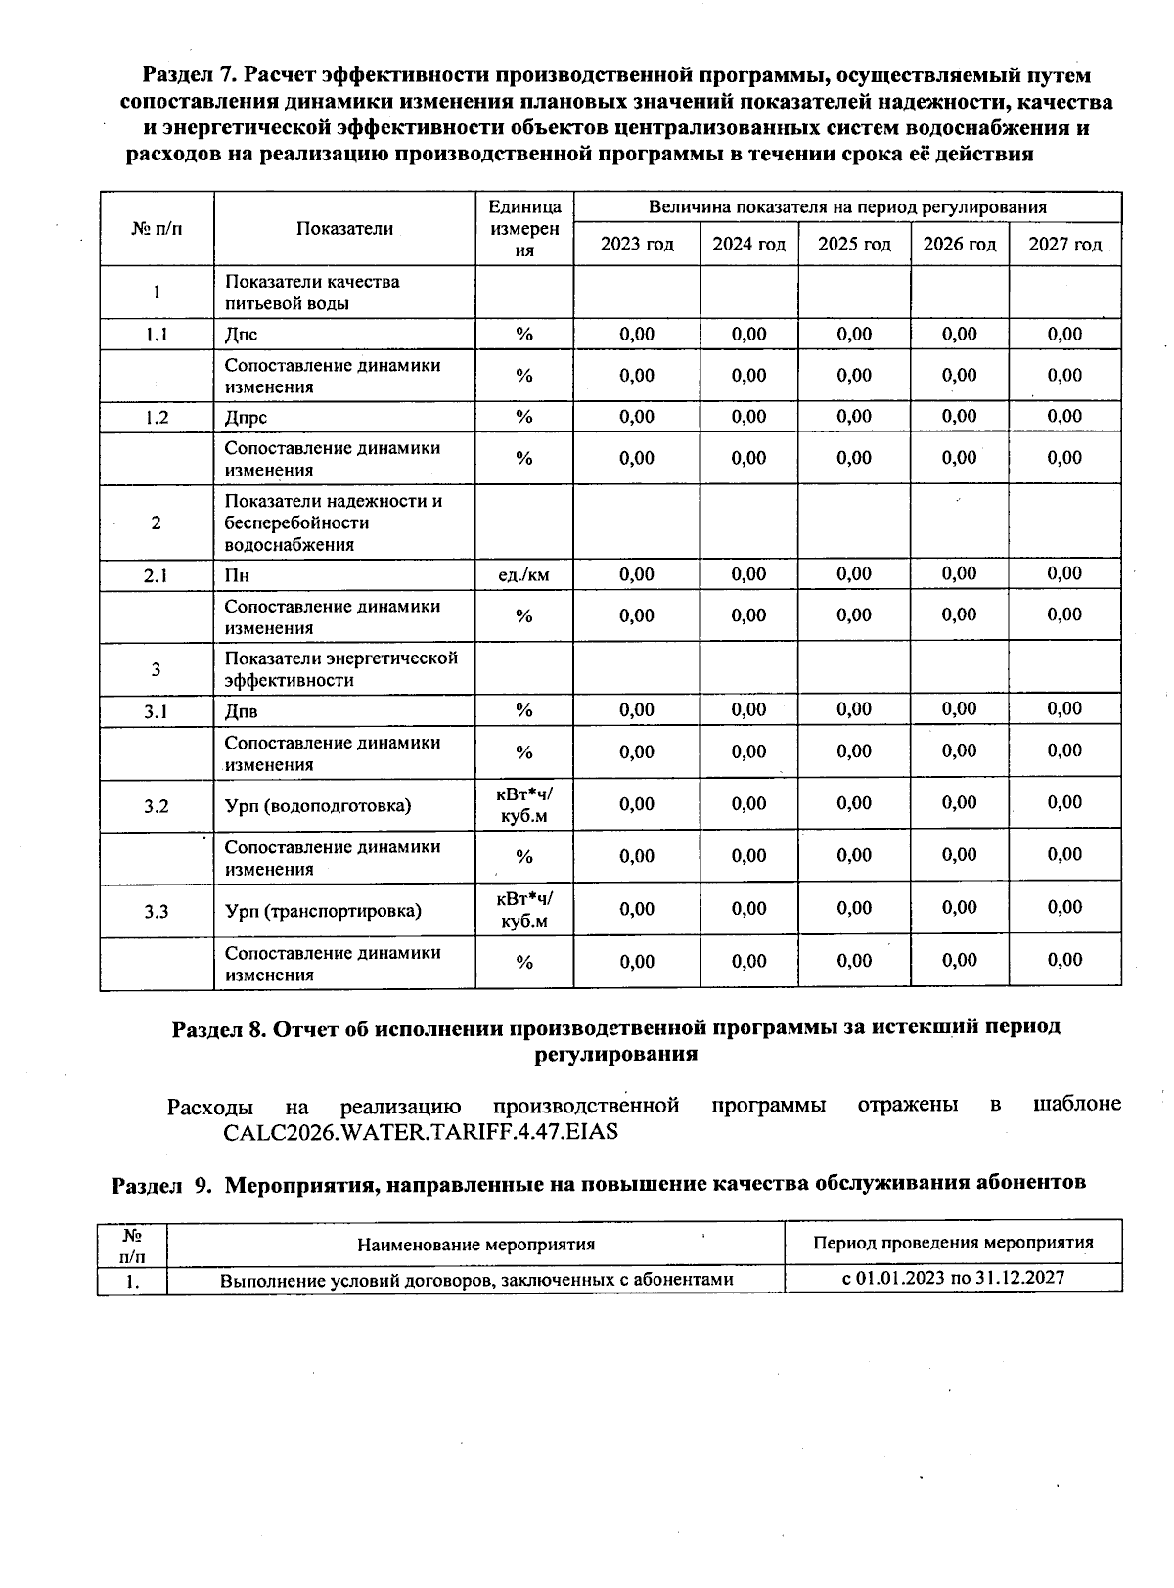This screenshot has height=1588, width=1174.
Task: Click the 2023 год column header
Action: (637, 244)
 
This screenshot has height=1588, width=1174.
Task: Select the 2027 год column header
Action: (1064, 244)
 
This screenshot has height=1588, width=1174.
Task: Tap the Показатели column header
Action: (344, 228)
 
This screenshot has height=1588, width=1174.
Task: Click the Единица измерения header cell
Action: (524, 228)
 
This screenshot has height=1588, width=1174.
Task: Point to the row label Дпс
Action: (241, 334)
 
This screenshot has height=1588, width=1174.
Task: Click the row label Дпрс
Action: (246, 417)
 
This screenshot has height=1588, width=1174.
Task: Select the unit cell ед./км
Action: (524, 574)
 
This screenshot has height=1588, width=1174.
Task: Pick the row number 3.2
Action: (157, 806)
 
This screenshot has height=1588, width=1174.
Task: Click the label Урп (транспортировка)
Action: (323, 911)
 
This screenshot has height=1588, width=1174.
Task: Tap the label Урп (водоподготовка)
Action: (318, 806)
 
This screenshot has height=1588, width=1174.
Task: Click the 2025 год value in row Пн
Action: (854, 574)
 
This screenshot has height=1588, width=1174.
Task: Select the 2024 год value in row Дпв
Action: (748, 710)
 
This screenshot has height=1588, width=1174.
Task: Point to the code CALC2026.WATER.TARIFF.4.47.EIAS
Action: (421, 1132)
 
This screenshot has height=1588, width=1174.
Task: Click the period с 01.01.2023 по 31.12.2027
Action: (953, 1277)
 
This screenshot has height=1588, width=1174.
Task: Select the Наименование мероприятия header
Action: (475, 1245)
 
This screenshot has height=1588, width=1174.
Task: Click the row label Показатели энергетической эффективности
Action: (341, 669)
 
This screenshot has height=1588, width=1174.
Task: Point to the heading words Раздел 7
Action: (190, 75)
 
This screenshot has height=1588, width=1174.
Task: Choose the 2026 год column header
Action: (959, 244)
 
